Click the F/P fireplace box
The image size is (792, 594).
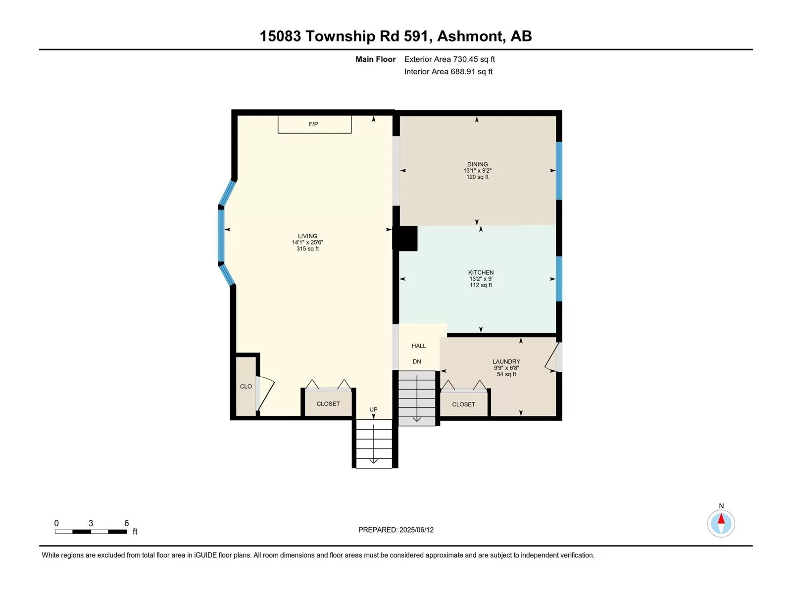coord(314,124)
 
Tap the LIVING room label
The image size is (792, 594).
coord(307,236)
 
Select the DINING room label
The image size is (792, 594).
coord(477,164)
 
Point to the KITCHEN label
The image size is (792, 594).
coord(481,272)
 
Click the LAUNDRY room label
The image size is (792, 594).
coord(506,361)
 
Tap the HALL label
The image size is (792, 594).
coord(419,346)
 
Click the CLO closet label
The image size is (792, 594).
coord(246,387)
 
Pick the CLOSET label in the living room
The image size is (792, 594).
coord(328,404)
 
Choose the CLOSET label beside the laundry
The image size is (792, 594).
coord(464,404)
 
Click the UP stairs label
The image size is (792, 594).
coord(373,409)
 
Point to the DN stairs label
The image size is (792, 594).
coord(417,361)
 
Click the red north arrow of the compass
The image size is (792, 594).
coord(721,519)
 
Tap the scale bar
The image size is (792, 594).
coord(91,532)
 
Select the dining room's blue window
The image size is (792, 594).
coord(559,171)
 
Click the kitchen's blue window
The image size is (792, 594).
coord(559,279)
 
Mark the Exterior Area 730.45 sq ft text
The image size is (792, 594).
coord(449,59)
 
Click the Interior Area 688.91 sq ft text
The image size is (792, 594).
coord(448,71)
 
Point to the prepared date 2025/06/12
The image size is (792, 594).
coord(416,530)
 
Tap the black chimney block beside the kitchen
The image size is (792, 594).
coord(405,239)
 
